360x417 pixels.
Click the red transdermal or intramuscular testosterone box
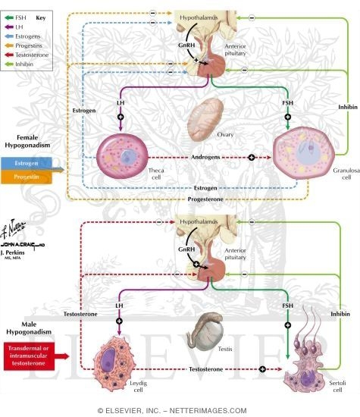(x=33, y=353)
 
